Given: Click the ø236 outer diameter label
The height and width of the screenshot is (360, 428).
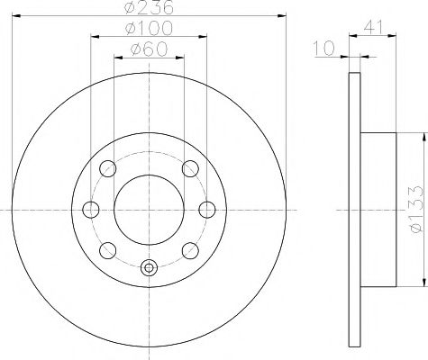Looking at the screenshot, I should coord(150,8).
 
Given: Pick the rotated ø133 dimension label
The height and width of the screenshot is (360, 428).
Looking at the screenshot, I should coord(417,210).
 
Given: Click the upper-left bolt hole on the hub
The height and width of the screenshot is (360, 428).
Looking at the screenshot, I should coord(109,169).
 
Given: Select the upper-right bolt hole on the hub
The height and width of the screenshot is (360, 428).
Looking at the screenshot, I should coord(189,169).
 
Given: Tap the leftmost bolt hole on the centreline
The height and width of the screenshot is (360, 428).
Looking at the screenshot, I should coord(90,210).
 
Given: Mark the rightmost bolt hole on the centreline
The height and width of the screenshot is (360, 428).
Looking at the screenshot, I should coord(207,210).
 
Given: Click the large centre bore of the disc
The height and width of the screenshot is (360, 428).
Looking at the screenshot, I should coord(150,209).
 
